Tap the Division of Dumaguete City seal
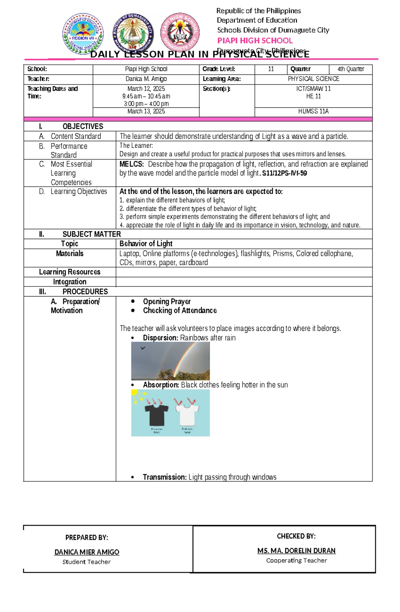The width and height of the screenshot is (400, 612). (x=132, y=33)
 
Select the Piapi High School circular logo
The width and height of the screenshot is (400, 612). (x=180, y=33)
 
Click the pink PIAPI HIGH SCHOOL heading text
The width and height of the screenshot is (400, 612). (x=255, y=41)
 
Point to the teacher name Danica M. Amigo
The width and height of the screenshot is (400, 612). (x=146, y=79)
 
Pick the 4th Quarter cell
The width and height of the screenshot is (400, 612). (x=350, y=69)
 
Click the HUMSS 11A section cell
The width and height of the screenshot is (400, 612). (x=313, y=111)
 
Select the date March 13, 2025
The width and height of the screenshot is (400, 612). (x=146, y=111)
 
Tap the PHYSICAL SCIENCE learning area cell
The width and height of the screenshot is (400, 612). (x=313, y=79)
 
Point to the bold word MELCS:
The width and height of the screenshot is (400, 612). (x=132, y=164)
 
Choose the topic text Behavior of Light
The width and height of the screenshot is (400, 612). (x=146, y=243)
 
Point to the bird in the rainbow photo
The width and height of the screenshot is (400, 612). (x=143, y=348)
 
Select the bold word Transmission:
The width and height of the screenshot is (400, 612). (x=165, y=477)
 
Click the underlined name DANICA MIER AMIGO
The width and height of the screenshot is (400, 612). (x=87, y=552)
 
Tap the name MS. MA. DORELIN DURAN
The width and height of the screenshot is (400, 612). (x=296, y=551)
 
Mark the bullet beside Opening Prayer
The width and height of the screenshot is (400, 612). (x=133, y=301)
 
